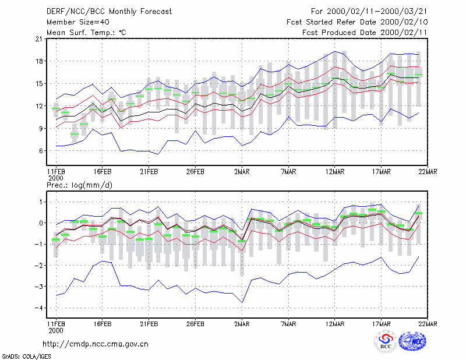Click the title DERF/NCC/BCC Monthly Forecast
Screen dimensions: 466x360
[x=109, y=12]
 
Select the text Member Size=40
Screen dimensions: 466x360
[x=78, y=22]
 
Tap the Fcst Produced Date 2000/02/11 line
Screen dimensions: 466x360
[x=365, y=33]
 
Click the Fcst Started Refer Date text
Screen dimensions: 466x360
[x=331, y=22]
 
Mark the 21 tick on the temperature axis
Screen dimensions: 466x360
[x=39, y=38]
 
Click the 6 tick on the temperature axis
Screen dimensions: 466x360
[x=41, y=151]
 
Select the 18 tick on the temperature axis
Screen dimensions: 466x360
[x=39, y=61]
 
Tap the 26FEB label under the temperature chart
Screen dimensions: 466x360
[x=195, y=172]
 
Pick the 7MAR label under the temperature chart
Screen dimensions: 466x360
[x=288, y=172]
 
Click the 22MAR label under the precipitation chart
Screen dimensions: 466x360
[x=428, y=324]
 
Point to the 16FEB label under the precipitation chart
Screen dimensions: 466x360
[x=103, y=324]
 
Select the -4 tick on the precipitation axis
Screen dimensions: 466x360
[x=38, y=308]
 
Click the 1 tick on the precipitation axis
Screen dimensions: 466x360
[x=41, y=202]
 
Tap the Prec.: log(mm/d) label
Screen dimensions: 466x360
[x=79, y=185]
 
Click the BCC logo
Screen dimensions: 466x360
[x=386, y=341]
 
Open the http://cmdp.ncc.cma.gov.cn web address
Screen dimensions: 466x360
[x=96, y=344]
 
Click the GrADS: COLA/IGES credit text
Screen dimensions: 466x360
[x=26, y=357]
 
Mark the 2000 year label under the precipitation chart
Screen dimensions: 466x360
[x=56, y=330]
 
